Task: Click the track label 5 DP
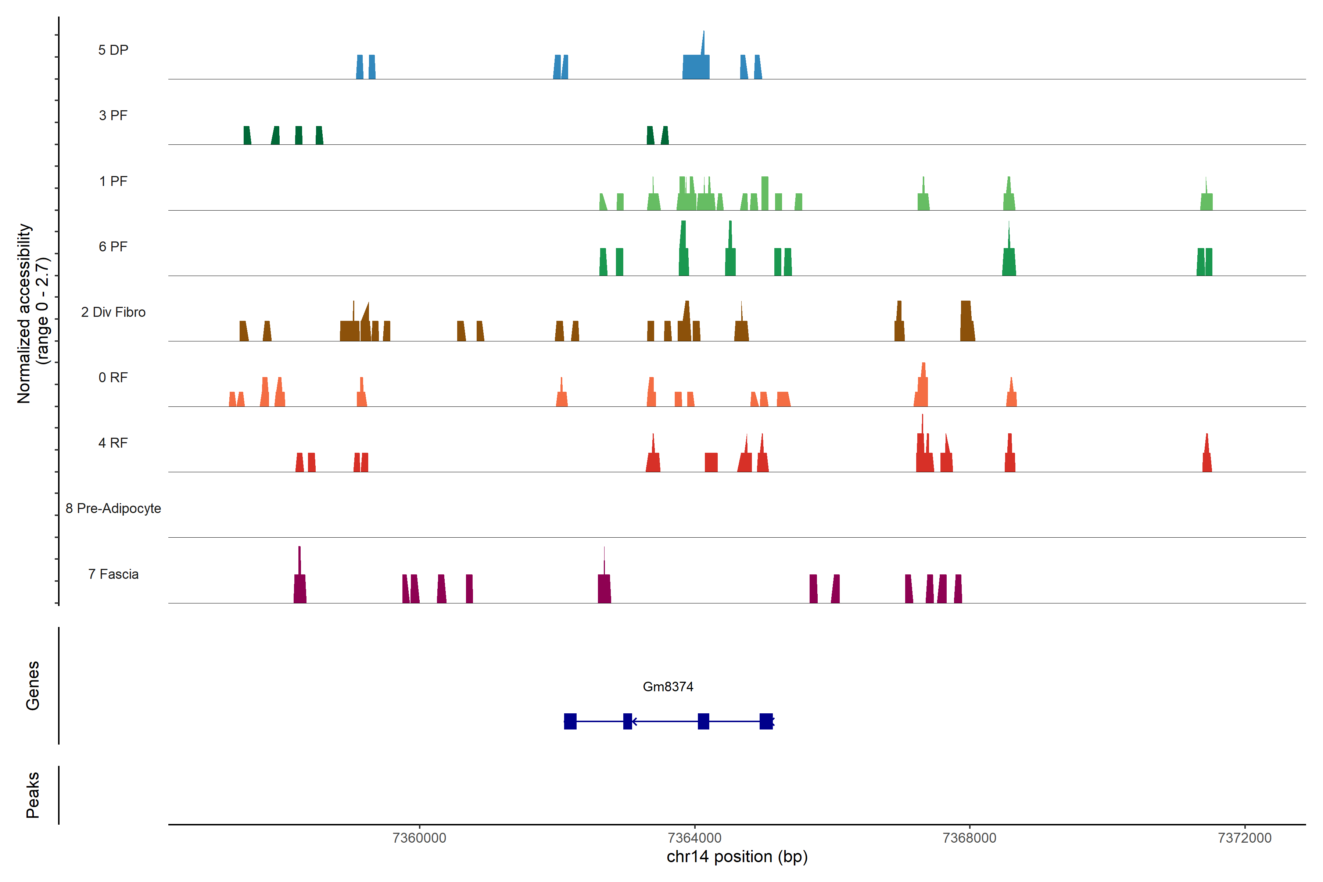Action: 113,50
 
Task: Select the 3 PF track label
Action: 113,115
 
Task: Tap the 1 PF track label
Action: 113,181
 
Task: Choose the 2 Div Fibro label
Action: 113,312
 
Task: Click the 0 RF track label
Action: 113,377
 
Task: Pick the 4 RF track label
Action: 113,443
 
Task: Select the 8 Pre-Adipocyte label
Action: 113,509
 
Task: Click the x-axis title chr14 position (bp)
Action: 737,857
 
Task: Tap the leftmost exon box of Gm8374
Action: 570,721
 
